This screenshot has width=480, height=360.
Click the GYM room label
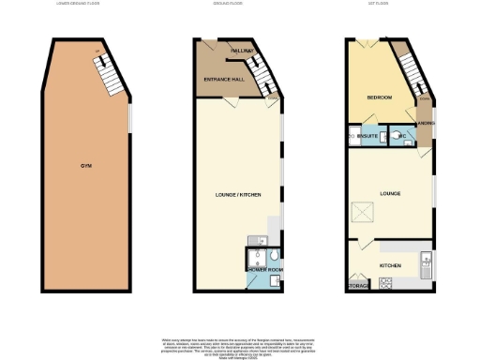tap(85, 166)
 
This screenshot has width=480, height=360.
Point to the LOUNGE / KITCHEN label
tap(238, 194)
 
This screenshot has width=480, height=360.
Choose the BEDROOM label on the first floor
tap(378, 97)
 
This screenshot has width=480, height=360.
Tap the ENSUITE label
tap(368, 137)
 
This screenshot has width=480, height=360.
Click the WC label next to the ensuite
tap(400, 137)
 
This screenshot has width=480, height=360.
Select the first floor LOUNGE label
tap(390, 194)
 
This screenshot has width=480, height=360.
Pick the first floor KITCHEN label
tap(390, 265)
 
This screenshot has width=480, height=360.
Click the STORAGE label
tap(357, 284)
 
